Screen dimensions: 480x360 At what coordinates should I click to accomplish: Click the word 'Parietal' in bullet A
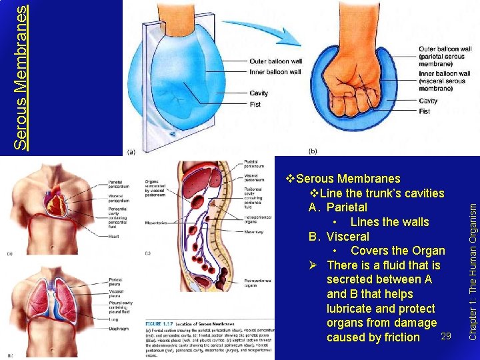[x=347, y=207]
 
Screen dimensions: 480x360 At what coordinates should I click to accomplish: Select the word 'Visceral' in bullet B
[x=347, y=236]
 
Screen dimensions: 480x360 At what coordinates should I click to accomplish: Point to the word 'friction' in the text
[x=402, y=337]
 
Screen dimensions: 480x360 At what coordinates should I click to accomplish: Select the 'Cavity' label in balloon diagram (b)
[x=428, y=101]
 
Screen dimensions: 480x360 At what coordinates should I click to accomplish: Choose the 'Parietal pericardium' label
[x=120, y=185]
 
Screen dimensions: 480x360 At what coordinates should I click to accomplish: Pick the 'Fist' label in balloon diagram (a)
[x=256, y=104]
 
